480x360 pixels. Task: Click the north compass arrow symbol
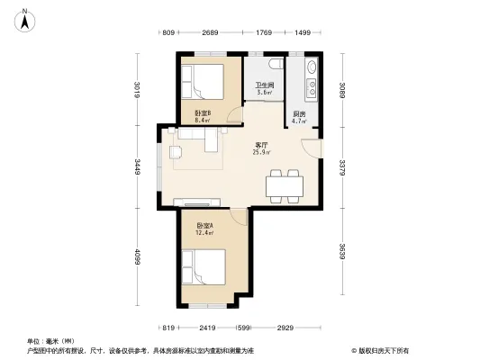[x=27, y=16]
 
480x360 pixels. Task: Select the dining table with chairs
[x=285, y=184]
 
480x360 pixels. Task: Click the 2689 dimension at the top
[x=210, y=33]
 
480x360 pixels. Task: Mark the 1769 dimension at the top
[x=264, y=33]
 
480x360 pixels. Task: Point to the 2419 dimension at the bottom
[x=207, y=328]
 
